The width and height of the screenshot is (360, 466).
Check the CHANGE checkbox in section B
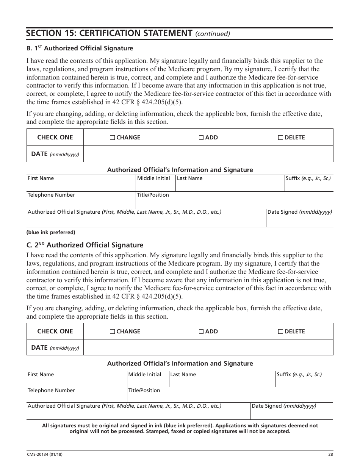113,138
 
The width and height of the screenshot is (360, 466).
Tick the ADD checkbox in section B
201,138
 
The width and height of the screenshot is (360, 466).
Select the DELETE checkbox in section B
280,138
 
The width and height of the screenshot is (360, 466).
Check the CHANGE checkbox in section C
113,332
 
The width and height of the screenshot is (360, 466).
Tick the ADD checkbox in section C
201,332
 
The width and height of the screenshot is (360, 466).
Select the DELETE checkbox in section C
280,332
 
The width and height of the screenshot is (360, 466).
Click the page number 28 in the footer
330,455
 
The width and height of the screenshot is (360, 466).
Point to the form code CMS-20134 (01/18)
42,455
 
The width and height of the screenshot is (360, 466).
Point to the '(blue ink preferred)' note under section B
51,232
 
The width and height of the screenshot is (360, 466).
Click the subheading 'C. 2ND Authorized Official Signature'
85,245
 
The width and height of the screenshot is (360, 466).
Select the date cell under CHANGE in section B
125,154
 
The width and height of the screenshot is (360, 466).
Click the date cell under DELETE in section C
291,347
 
